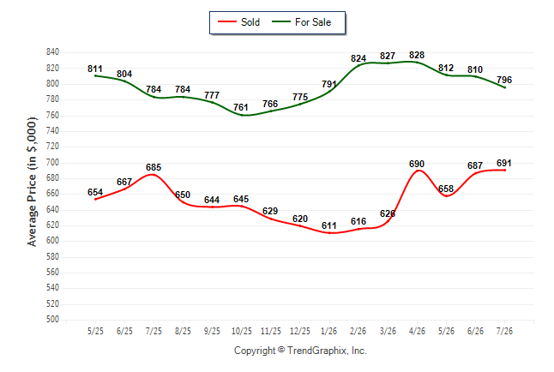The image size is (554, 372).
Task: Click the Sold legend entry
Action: [x=239, y=22]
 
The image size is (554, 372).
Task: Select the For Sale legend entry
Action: [x=301, y=22]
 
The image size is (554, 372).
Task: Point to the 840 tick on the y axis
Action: [x=52, y=52]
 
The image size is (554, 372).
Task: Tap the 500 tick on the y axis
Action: [x=52, y=320]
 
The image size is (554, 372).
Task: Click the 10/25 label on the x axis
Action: [x=242, y=332]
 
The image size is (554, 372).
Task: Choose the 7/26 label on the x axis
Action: [x=504, y=332]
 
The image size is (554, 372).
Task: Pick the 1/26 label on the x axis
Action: [x=329, y=332]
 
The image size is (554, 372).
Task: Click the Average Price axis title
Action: [x=32, y=182]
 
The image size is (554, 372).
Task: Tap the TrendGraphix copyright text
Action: [x=300, y=351]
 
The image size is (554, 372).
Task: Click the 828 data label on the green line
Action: [x=417, y=55]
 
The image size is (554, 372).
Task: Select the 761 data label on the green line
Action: [x=241, y=107]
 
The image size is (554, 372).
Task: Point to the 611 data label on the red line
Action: [x=329, y=225]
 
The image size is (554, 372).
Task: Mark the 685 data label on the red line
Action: [x=154, y=167]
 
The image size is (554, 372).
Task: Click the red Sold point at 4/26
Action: [x=418, y=171]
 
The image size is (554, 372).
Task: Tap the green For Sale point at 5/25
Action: [x=95, y=75]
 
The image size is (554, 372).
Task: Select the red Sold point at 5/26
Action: [x=447, y=196]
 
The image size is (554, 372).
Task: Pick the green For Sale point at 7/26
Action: [x=505, y=87]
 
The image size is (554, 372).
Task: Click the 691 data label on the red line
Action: [x=504, y=163]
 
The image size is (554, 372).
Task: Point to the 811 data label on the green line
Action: [x=95, y=69]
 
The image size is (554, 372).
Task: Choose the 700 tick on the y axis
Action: [x=52, y=163]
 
